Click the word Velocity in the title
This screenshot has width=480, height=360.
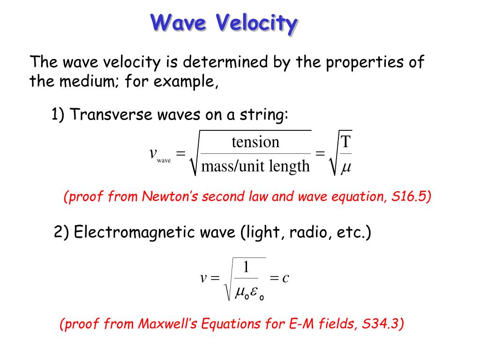tap(256, 23)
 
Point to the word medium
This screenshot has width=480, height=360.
tap(89, 81)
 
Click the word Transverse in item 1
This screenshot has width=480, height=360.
tap(111, 114)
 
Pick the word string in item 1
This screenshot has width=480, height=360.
tap(263, 115)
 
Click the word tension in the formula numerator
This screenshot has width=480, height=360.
tap(255, 142)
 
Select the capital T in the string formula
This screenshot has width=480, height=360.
tap(345, 142)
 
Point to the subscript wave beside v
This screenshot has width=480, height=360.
tap(164, 160)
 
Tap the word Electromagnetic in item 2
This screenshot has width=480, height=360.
tap(135, 232)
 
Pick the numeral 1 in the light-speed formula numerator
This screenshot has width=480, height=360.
tap(246, 267)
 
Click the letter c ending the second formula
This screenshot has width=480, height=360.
tap(285, 278)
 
